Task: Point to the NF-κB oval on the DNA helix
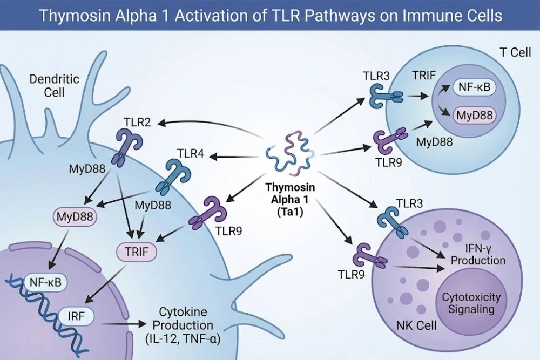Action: (46, 281)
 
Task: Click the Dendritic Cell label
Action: (55, 85)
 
